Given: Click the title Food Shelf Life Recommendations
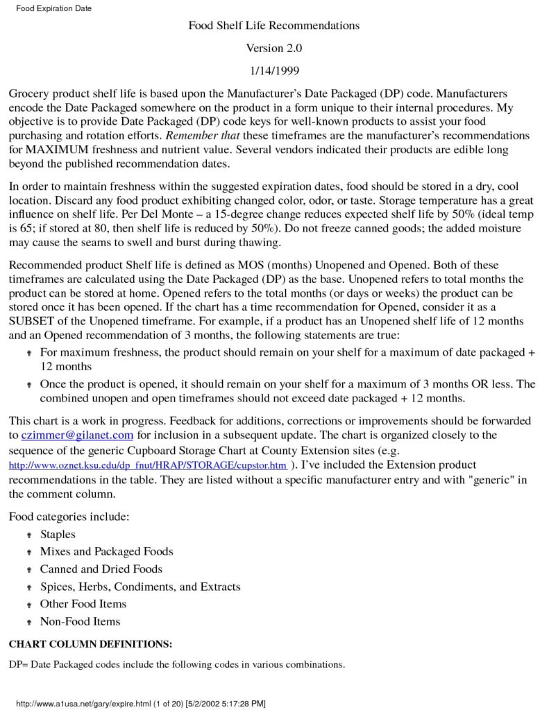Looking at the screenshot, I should coord(274,26).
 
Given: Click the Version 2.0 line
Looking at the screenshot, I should coord(274,48).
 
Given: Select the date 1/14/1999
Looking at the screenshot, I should coord(274,70).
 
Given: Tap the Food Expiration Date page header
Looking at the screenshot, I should coord(53,8).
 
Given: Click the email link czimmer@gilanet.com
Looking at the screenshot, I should coord(77,435).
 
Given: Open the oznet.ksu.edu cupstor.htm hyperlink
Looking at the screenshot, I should coord(147,465).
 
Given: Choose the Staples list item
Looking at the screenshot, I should coord(58,535).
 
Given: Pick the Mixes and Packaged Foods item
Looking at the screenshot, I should coord(106,552).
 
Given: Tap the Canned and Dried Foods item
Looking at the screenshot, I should coord(101,569).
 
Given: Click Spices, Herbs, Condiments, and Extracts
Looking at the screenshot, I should coord(140,587).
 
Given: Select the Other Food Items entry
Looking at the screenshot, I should coord(83,604).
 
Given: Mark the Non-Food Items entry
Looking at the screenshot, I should coord(80,621).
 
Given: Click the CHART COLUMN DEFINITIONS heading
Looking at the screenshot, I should coord(90,644).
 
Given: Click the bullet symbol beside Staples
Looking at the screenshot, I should coord(29,535).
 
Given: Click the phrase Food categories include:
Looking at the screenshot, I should coord(69,517).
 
